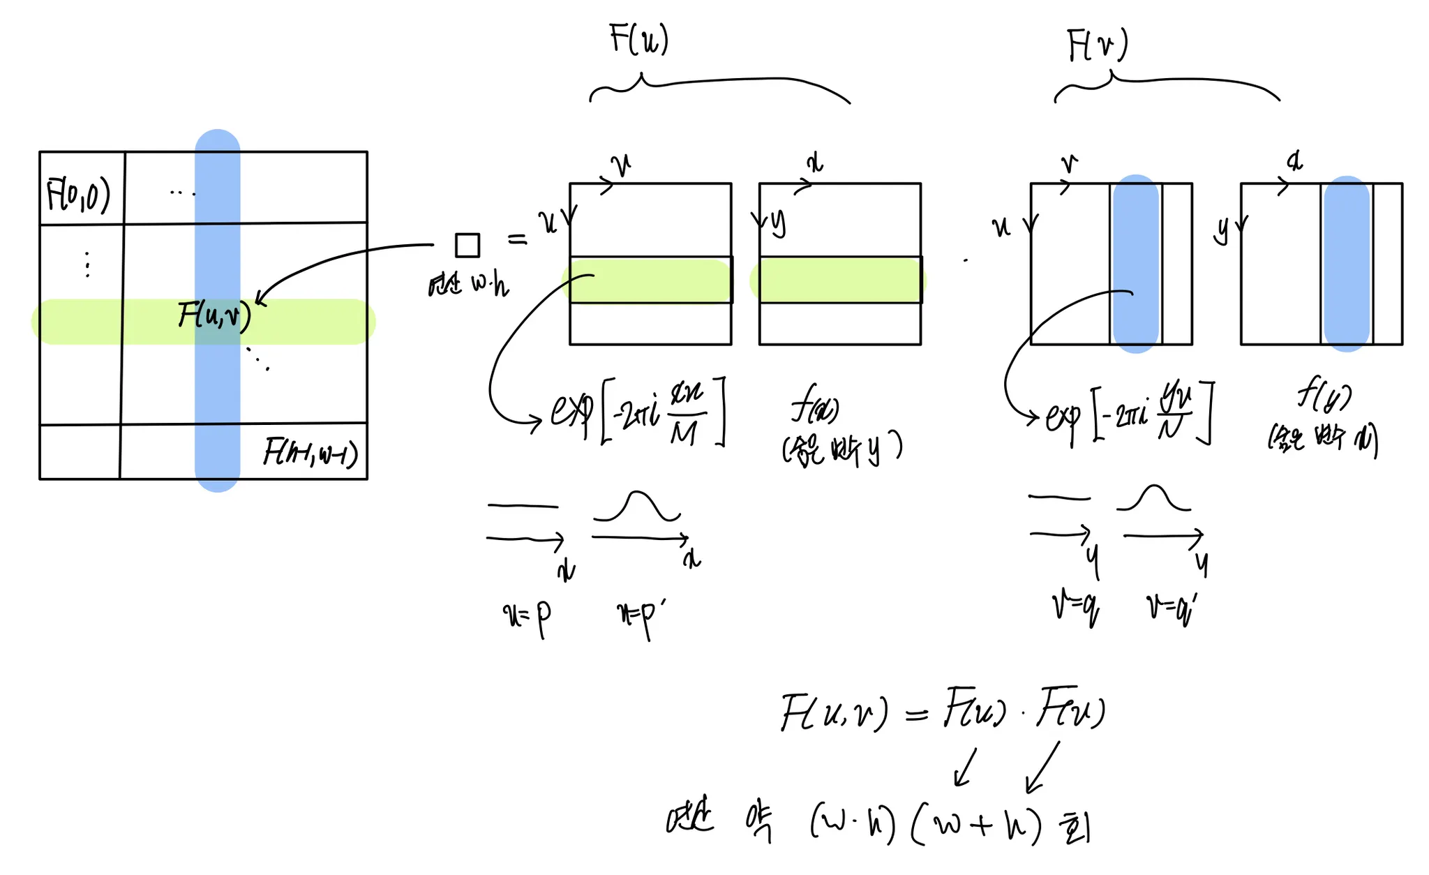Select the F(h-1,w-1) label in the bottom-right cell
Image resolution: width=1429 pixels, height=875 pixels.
coord(311,453)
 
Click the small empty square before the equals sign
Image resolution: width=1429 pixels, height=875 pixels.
coord(467,246)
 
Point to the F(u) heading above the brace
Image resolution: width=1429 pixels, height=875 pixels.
coord(638,39)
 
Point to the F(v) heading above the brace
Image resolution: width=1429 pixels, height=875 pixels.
coord(1097,46)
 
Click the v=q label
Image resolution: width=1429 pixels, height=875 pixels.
coord(1075,606)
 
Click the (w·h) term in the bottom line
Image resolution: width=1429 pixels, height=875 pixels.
coord(853,823)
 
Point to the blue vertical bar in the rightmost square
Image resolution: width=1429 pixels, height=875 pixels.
coord(1346,264)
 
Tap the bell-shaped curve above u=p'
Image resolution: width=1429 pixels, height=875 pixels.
coord(636,506)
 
